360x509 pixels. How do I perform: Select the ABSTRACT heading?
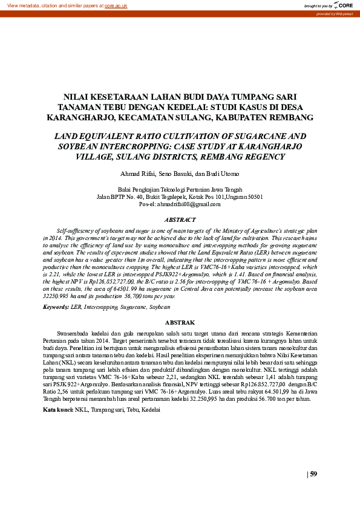point(180,219)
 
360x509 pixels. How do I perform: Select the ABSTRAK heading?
point(180,323)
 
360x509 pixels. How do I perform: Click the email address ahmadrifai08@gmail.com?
point(180,204)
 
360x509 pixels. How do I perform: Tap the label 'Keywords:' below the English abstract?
point(56,307)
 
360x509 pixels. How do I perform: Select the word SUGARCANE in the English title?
point(257,137)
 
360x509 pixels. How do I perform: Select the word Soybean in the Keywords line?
point(160,307)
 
